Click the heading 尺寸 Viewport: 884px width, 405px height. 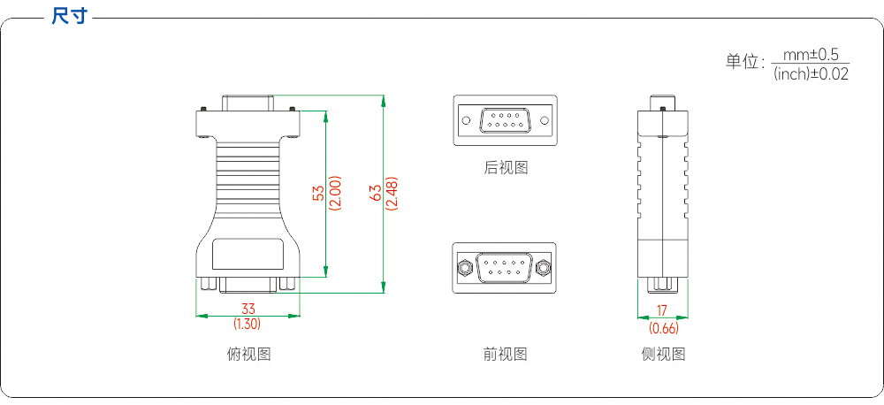click(x=69, y=16)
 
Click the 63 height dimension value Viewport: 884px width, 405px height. click(x=376, y=194)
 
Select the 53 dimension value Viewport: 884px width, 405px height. click(x=318, y=194)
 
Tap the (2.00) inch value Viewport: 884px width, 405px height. click(x=335, y=194)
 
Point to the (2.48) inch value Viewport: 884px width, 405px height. click(x=392, y=194)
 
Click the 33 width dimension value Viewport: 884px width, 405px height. click(x=248, y=309)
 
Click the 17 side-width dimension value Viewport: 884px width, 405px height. click(x=662, y=309)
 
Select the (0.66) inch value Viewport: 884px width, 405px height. click(x=664, y=328)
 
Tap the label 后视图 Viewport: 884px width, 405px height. click(x=506, y=167)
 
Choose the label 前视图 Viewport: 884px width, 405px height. click(x=505, y=355)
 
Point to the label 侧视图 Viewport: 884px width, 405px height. click(x=664, y=355)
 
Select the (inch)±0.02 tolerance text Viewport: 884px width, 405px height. click(x=811, y=73)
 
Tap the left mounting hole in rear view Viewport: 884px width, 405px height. click(x=466, y=120)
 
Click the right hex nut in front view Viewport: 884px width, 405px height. click(x=544, y=267)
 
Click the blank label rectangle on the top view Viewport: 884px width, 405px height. click(x=248, y=255)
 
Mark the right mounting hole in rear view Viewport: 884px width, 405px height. click(x=544, y=120)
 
